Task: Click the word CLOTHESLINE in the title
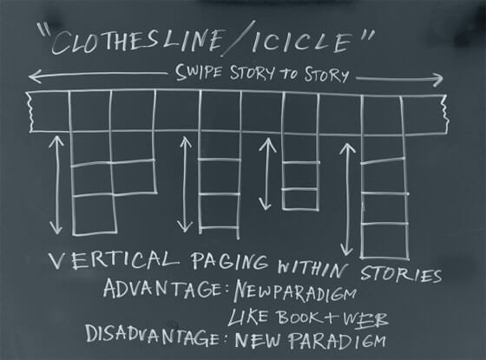point(136,42)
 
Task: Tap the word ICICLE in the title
point(303,43)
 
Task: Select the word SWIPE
point(199,73)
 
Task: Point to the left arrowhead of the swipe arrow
point(35,76)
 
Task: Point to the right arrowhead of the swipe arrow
point(437,80)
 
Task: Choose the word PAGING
point(229,261)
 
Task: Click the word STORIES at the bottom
point(401,274)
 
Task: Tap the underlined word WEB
point(365,319)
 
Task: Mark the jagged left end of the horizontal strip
point(30,112)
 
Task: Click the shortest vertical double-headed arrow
point(266,173)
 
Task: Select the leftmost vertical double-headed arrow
point(56,185)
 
